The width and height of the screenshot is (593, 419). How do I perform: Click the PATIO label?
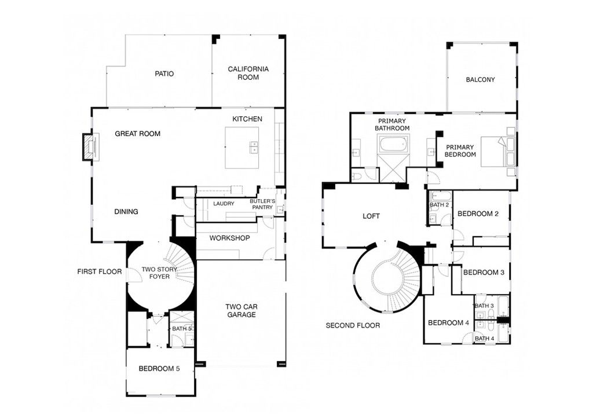point(164,73)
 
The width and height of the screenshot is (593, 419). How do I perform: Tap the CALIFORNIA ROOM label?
point(248,73)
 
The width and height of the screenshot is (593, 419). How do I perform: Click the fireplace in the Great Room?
point(88,146)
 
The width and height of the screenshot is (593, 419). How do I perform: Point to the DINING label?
point(126,212)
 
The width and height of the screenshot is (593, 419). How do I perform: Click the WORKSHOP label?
point(229,238)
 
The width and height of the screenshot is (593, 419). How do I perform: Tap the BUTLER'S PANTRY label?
point(261,204)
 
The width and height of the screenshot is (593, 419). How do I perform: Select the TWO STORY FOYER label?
point(156,273)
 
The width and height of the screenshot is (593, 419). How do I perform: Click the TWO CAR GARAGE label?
point(241,311)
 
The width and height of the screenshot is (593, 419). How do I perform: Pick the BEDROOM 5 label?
point(159,369)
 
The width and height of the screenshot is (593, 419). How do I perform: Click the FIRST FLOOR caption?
point(100,271)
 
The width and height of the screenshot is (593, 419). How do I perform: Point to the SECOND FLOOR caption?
point(353,325)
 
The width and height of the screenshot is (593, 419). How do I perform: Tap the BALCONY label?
point(480,80)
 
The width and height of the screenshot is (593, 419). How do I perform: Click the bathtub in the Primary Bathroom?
point(393,144)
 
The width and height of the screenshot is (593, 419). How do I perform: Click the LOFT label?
point(371,216)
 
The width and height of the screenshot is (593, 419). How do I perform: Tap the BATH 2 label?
point(439,205)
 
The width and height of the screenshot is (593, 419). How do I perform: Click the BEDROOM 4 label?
point(448,323)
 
